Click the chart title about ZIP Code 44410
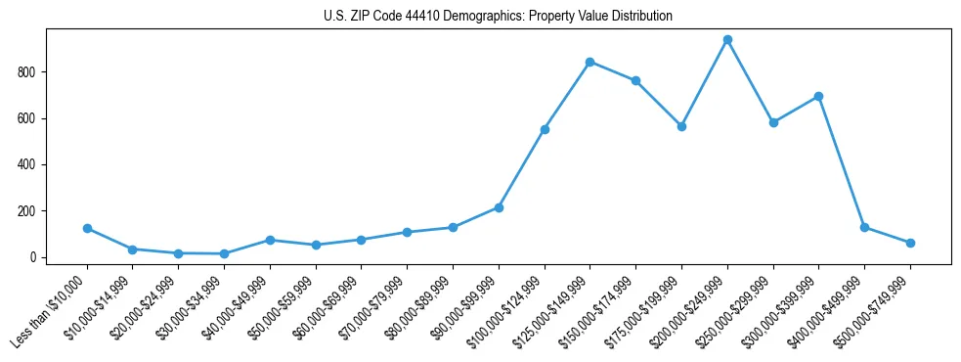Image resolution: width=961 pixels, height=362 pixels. (498, 17)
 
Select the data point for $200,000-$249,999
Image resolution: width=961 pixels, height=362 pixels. (727, 40)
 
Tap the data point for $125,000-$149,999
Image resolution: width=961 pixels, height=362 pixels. (590, 62)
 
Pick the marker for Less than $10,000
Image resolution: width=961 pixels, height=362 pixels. (87, 228)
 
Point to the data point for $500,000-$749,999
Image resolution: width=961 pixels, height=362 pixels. (910, 243)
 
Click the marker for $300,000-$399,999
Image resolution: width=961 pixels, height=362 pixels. (818, 96)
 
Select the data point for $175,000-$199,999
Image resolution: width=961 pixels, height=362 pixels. (681, 126)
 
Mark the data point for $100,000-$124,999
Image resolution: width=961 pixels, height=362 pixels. (545, 129)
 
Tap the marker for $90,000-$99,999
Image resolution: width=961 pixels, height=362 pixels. (499, 207)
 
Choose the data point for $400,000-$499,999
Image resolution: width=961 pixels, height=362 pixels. (864, 227)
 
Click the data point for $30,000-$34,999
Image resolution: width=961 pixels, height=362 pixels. (224, 253)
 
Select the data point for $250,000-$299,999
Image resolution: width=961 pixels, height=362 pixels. (773, 122)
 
